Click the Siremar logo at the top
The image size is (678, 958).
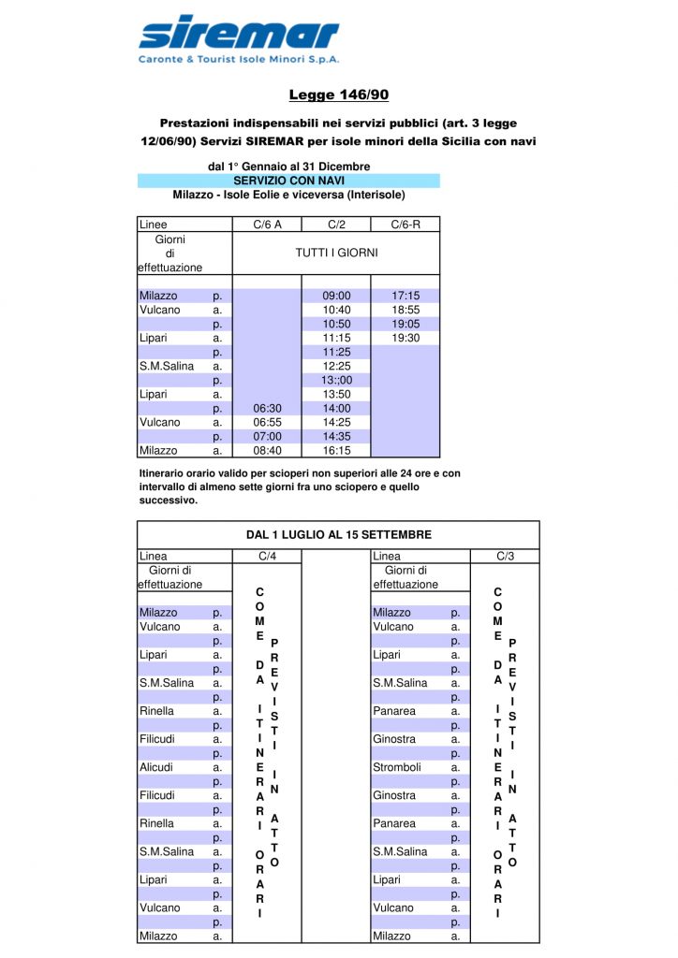tap(239, 40)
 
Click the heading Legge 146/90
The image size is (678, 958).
tap(339, 94)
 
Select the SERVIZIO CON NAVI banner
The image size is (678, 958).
tap(288, 181)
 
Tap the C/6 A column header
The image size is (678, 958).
tap(267, 225)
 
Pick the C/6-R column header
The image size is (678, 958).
tap(405, 225)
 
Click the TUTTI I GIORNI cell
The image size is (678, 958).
tap(336, 253)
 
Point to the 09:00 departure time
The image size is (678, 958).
tap(336, 296)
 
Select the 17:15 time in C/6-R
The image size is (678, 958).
tap(405, 296)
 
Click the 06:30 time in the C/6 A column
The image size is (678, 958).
tap(267, 408)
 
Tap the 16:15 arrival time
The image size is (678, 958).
tap(336, 450)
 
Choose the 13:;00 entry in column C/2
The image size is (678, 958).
tap(336, 380)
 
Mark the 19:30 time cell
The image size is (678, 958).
tap(405, 338)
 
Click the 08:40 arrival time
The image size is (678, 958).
tap(267, 450)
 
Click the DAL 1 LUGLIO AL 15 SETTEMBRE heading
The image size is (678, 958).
tap(339, 535)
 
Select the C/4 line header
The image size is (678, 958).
tap(267, 557)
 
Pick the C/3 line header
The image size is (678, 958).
tap(505, 557)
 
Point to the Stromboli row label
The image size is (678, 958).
tap(394, 767)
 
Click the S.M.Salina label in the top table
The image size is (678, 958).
tap(167, 366)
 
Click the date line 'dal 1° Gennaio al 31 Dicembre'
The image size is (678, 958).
tap(288, 167)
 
